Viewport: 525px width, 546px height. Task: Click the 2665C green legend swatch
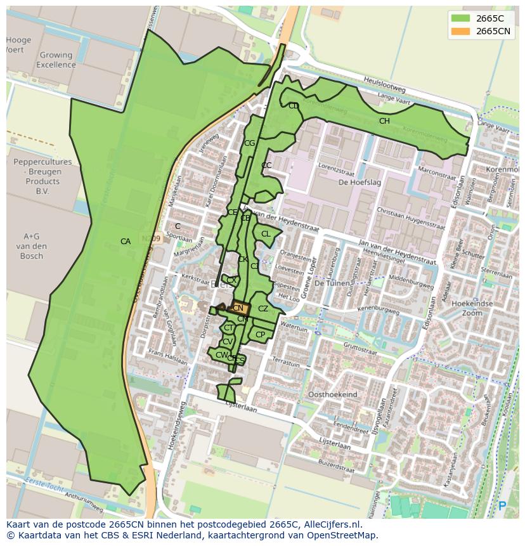click(x=460, y=18)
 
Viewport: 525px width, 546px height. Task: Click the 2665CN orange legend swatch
click(x=460, y=31)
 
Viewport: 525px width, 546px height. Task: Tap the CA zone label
click(x=126, y=242)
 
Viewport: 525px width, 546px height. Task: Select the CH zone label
click(x=384, y=121)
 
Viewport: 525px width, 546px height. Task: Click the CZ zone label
click(x=263, y=309)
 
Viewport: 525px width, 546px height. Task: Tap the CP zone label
click(x=260, y=334)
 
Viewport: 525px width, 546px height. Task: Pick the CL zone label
click(x=266, y=234)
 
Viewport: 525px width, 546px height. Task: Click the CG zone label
click(x=249, y=143)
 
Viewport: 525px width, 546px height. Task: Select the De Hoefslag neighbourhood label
click(x=354, y=182)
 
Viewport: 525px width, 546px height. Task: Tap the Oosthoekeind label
click(x=332, y=394)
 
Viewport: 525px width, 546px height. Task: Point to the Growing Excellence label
click(x=56, y=60)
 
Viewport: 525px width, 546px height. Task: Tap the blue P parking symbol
click(x=502, y=505)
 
